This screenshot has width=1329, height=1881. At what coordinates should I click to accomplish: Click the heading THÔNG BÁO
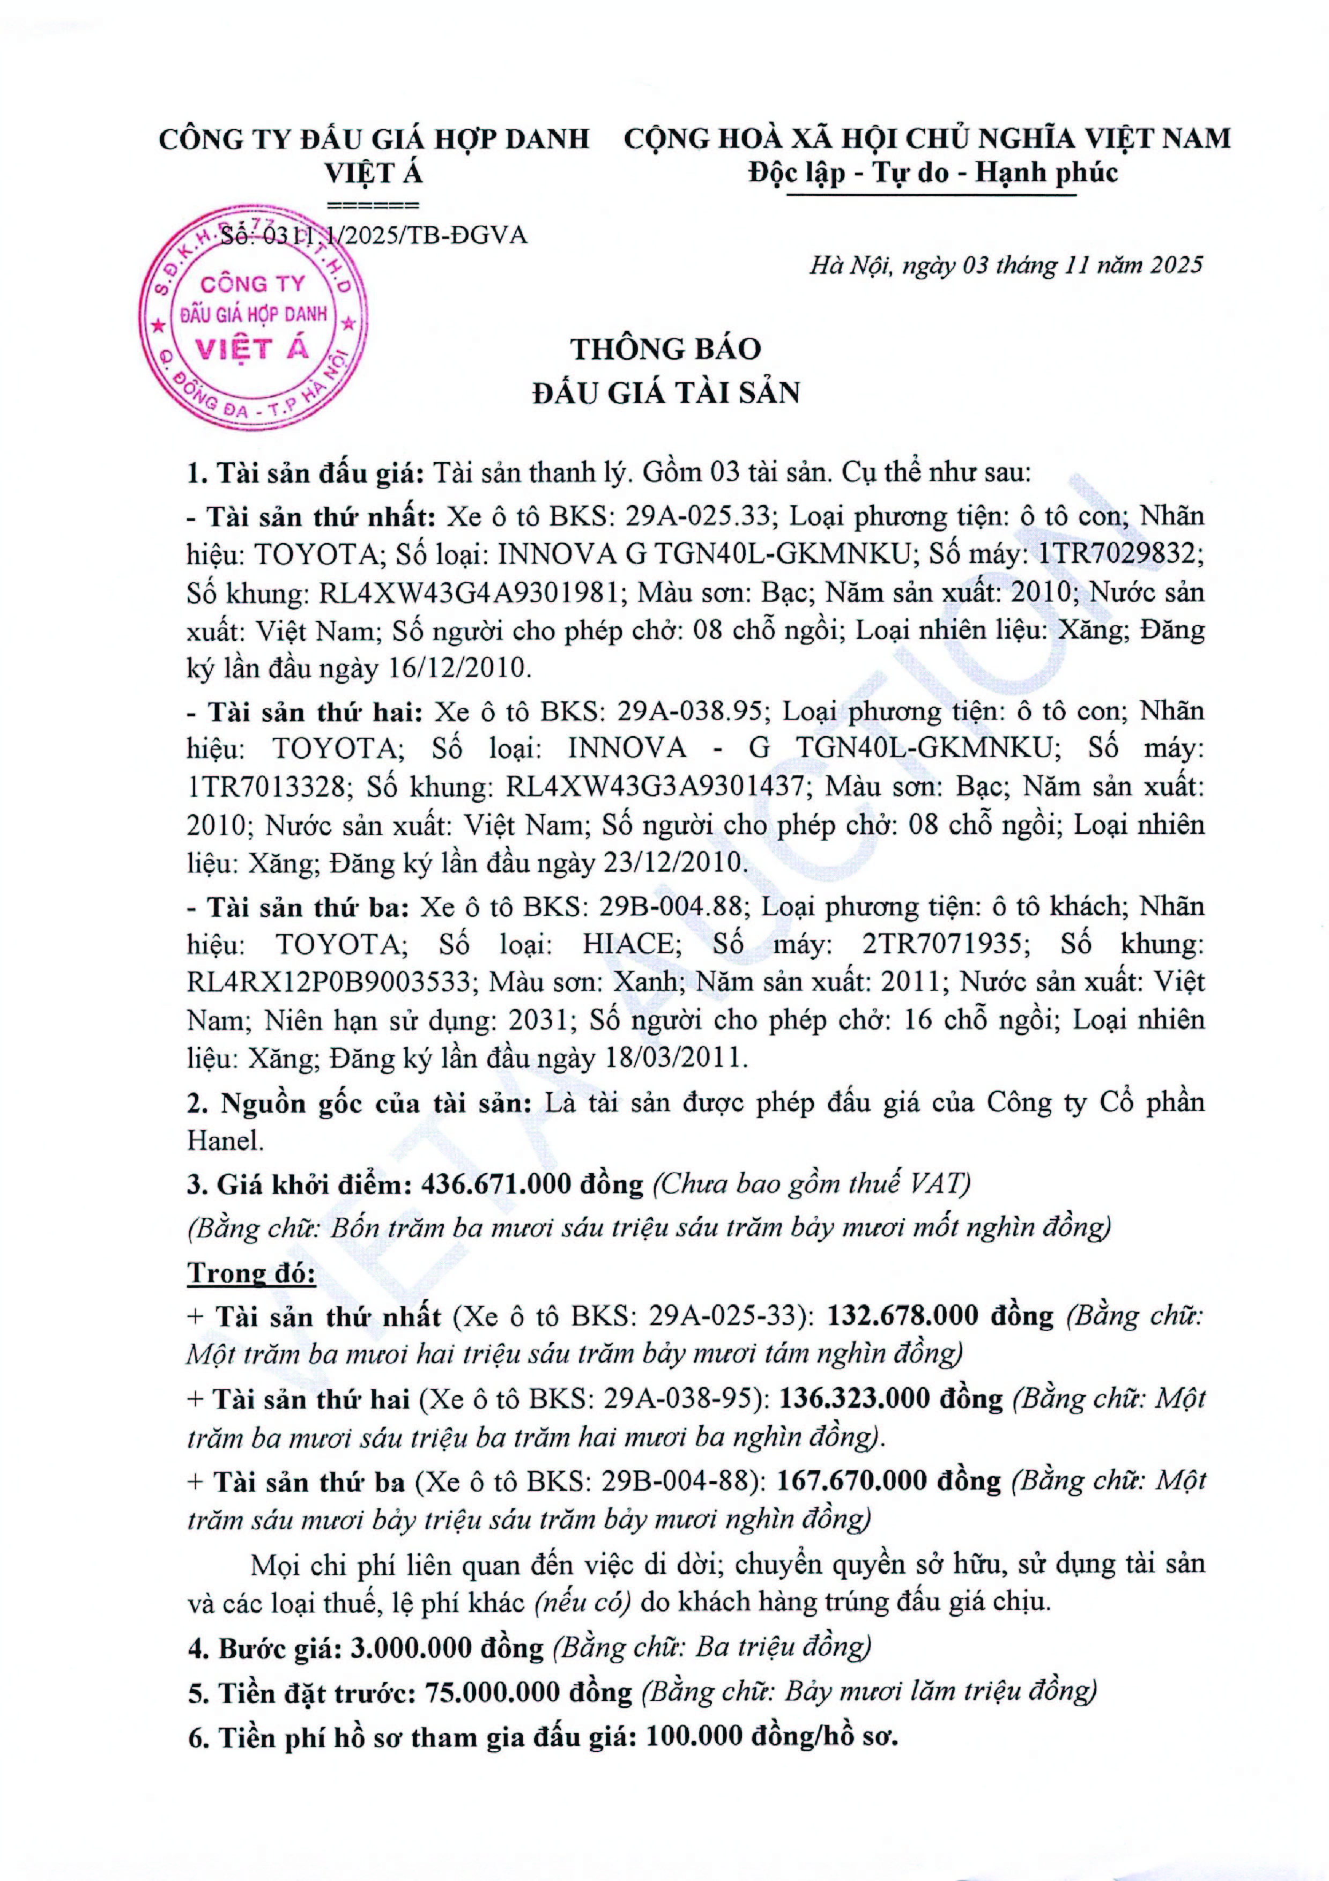coord(666,349)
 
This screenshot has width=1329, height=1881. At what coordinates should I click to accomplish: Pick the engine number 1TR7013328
coord(264,787)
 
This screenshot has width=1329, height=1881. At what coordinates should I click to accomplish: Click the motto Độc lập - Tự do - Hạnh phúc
coord(933,173)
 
